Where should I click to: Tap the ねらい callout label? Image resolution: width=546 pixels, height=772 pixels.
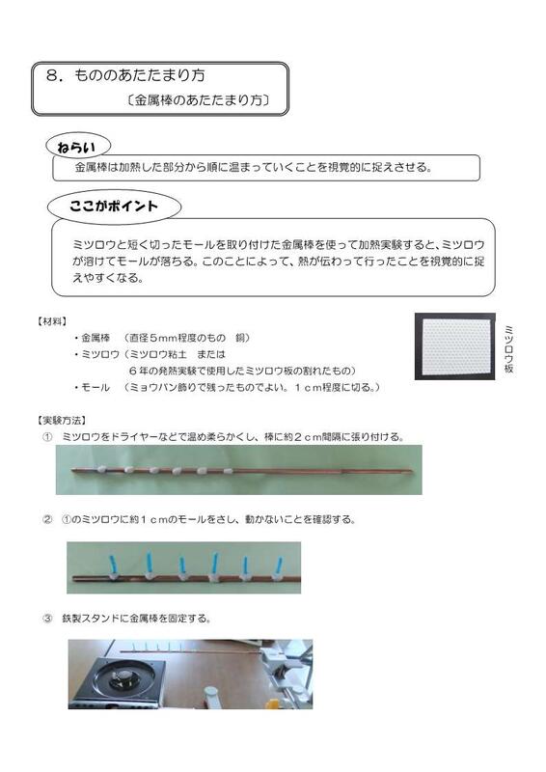click(x=78, y=147)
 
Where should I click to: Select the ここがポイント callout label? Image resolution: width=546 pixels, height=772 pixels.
click(x=113, y=206)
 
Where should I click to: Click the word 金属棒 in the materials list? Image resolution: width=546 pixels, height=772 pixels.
click(x=96, y=338)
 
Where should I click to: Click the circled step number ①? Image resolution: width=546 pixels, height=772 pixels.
click(x=46, y=437)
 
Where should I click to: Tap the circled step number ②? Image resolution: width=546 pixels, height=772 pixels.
click(x=46, y=519)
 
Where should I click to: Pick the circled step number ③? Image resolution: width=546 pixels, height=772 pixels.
click(x=46, y=619)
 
